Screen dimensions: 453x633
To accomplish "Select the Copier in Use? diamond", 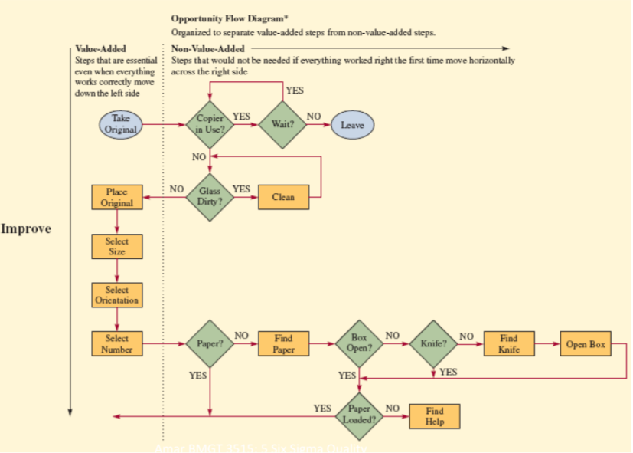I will [x=210, y=124].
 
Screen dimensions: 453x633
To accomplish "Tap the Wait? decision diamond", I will [x=283, y=124].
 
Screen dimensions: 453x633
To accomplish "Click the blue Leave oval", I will [x=352, y=124].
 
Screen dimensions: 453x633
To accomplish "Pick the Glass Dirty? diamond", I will [x=210, y=197].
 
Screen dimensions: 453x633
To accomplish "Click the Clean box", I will [x=283, y=197].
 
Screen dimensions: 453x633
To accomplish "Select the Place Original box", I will [x=116, y=197].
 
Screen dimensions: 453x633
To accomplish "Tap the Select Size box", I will [x=116, y=246].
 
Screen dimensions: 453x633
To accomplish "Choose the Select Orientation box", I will [x=116, y=295].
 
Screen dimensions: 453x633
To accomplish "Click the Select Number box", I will [x=116, y=344].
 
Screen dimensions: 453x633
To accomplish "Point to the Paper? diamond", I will [x=210, y=344].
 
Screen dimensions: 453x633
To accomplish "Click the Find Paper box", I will [x=283, y=344].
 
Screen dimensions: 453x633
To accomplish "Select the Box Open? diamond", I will [x=359, y=344].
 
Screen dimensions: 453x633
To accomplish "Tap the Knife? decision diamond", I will [x=433, y=344].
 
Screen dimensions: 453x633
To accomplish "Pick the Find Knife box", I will [x=508, y=344].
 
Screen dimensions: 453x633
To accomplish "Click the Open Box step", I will [x=586, y=344].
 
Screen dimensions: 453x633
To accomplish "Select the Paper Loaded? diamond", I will [x=359, y=415].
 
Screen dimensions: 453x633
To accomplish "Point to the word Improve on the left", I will [x=26, y=228].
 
